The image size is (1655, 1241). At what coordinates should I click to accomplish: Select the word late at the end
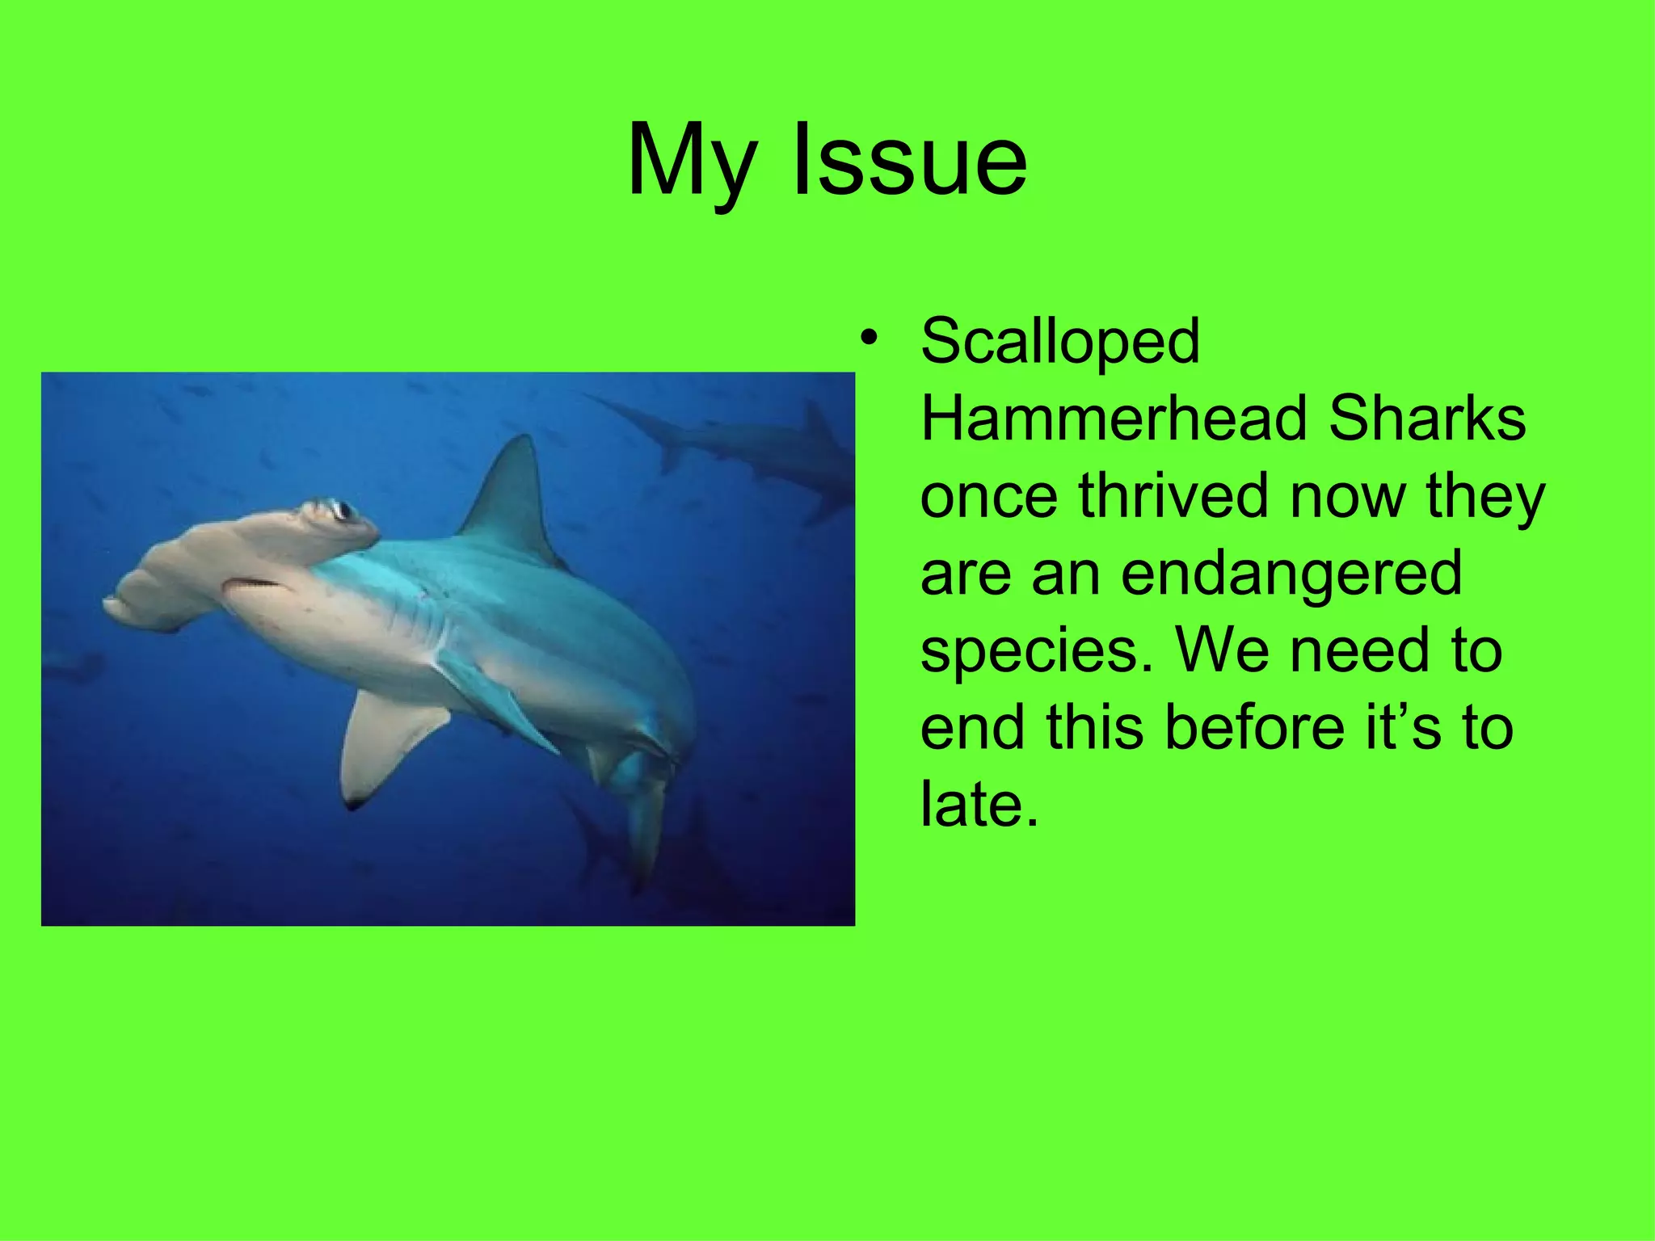(x=979, y=805)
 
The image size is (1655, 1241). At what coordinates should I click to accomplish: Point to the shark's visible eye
(x=342, y=510)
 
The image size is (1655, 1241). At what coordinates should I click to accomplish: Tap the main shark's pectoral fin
(x=388, y=743)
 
